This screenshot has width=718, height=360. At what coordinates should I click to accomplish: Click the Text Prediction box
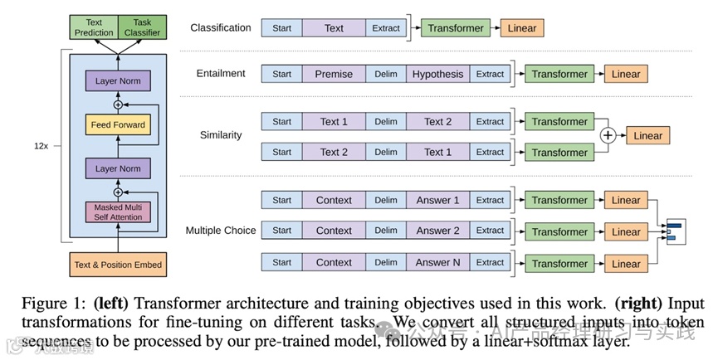click(x=93, y=27)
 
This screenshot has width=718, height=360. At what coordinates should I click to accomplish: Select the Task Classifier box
click(x=141, y=27)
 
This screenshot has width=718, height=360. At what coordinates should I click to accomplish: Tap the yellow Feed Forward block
click(x=118, y=126)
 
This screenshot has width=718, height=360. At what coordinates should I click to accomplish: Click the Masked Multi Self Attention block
click(x=118, y=212)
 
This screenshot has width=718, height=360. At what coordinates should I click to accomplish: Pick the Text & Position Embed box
click(x=118, y=265)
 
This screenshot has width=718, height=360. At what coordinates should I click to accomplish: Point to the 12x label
click(x=41, y=145)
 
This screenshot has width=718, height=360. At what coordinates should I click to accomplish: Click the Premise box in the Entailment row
click(x=334, y=74)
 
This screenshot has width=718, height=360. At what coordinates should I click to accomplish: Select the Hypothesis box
click(x=437, y=74)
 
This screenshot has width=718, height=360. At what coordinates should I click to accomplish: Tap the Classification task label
click(x=220, y=27)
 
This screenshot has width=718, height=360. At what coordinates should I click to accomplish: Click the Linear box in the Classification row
click(x=522, y=28)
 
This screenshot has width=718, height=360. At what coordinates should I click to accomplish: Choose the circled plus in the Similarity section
click(x=608, y=136)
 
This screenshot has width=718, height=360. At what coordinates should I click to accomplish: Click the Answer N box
click(x=437, y=263)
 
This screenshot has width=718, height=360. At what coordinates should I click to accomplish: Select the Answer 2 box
click(x=437, y=231)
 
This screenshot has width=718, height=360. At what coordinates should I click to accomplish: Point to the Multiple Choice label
click(x=221, y=231)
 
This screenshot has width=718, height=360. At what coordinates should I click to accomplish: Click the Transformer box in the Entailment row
click(x=559, y=74)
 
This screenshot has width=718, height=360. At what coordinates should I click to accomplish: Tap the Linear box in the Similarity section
click(x=648, y=136)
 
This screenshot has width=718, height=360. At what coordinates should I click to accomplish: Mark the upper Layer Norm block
click(x=118, y=81)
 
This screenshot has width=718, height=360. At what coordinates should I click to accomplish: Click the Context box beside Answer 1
click(x=334, y=200)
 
